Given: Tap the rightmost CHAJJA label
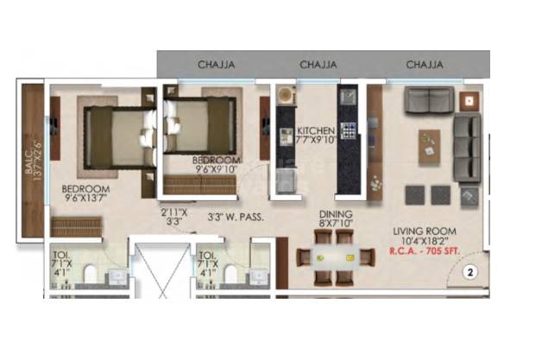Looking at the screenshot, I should (x=425, y=65).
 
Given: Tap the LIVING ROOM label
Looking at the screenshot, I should (x=423, y=231).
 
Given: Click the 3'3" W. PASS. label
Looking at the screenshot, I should (x=236, y=217).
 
